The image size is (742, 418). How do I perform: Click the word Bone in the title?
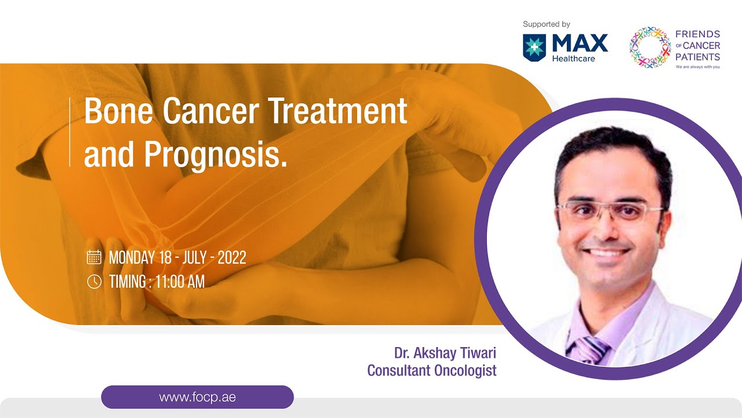pyautogui.click(x=119, y=111)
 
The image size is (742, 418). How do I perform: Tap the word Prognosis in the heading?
pyautogui.click(x=215, y=154)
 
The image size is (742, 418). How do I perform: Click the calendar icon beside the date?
pyautogui.click(x=94, y=257)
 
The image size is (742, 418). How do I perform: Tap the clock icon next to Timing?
pyautogui.click(x=94, y=282)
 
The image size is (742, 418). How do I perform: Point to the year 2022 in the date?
pyautogui.click(x=231, y=258)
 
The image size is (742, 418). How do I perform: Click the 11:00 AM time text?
pyautogui.click(x=180, y=282)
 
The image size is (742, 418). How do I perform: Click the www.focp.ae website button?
pyautogui.click(x=197, y=398)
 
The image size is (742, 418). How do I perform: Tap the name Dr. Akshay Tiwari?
pyautogui.click(x=445, y=353)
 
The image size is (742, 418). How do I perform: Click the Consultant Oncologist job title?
pyautogui.click(x=432, y=370)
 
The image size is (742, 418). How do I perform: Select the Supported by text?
pyautogui.click(x=546, y=24)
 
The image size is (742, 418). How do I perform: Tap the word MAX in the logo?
pyautogui.click(x=580, y=43)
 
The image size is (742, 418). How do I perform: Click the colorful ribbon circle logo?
pyautogui.click(x=650, y=48)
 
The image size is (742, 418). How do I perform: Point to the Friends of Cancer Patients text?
pyautogui.click(x=697, y=46)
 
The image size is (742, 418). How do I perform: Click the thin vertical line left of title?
pyautogui.click(x=70, y=132)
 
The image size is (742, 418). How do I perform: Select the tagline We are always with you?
pyautogui.click(x=697, y=67)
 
